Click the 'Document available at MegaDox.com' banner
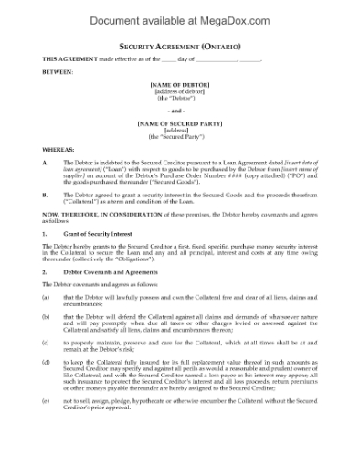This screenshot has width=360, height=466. click(179, 16)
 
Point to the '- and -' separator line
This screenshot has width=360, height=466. click(180, 108)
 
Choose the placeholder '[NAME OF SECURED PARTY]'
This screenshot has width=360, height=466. click(180, 122)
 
